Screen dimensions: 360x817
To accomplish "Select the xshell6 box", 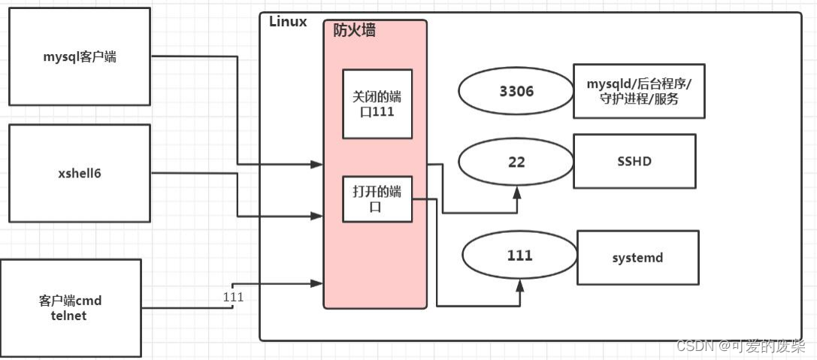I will pos(79,173).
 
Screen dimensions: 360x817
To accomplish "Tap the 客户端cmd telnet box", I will pos(70,307).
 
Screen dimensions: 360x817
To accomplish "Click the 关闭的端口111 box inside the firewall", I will pos(377,104).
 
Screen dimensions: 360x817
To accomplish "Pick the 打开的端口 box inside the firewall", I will pos(377,199).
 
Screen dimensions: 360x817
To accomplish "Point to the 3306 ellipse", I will pos(516,92).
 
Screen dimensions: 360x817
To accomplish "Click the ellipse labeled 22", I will pos(516,162).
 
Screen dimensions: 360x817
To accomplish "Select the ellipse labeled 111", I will pos(519,256).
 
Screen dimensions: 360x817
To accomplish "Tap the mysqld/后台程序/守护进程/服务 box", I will pos(639,91).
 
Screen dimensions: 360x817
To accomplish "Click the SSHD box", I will pos(634,161).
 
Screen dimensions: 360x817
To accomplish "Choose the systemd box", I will pos(637,258).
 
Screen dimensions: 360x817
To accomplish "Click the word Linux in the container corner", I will pos(288,22).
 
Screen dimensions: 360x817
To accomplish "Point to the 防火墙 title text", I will pos(354,31).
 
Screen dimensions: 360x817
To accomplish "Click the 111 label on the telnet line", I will pos(233,297).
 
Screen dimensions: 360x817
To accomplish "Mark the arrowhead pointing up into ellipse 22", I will pos(517,193).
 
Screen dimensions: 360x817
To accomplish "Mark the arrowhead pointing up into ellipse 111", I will pos(519,287).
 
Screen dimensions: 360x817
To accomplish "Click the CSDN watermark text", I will pos(740,346).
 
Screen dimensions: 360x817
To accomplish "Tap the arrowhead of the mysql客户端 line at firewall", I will pos(318,164).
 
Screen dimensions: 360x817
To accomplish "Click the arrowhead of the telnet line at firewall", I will pos(318,283).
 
